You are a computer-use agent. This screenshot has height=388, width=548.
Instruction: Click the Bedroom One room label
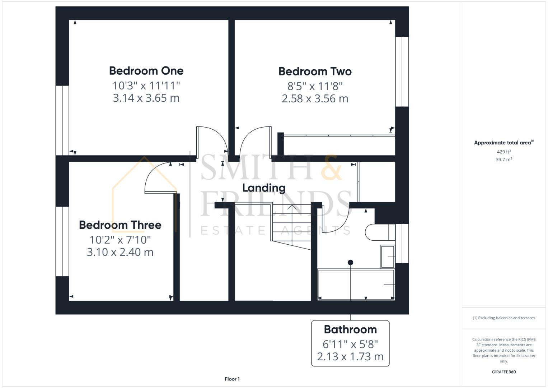pos(146,71)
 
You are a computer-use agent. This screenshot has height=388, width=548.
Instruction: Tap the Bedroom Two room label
pos(315,71)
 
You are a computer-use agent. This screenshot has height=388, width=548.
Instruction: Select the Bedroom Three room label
pos(120,225)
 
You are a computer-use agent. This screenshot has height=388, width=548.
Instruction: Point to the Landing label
pos(264,188)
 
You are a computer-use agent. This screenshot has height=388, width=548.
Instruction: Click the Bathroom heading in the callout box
pos(350,329)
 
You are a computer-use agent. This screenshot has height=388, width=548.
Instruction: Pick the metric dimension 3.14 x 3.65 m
pos(146,98)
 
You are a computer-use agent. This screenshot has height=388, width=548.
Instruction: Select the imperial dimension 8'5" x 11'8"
pos(315,86)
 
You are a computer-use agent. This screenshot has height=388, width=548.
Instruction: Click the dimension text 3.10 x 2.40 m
pos(120,252)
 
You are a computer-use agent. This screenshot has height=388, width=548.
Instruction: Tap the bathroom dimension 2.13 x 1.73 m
pos(350,357)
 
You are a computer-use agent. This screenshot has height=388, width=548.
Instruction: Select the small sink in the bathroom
pos(388,257)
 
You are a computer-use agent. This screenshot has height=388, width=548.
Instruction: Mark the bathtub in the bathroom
pos(356,285)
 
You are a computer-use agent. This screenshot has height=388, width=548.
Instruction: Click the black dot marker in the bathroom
pos(350,263)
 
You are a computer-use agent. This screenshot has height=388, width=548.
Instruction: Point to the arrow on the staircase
pos(291,207)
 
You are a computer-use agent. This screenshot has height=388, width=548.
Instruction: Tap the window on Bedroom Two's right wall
pos(402,71)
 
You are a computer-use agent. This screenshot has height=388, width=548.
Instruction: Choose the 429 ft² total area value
pos(503,152)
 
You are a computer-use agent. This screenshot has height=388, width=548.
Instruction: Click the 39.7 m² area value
pos(503,160)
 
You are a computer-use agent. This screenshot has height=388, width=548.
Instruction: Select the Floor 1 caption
pos(232,379)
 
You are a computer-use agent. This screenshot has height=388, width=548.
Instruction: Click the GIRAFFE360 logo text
pos(503,372)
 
